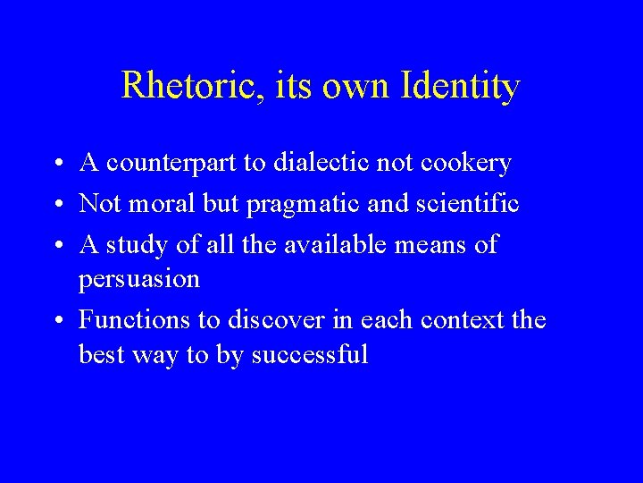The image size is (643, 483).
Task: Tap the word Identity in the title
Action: point(461,86)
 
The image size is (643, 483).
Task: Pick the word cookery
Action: point(468,164)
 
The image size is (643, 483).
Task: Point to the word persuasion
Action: point(139,280)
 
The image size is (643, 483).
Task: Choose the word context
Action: point(456,319)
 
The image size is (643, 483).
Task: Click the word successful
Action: point(310,355)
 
